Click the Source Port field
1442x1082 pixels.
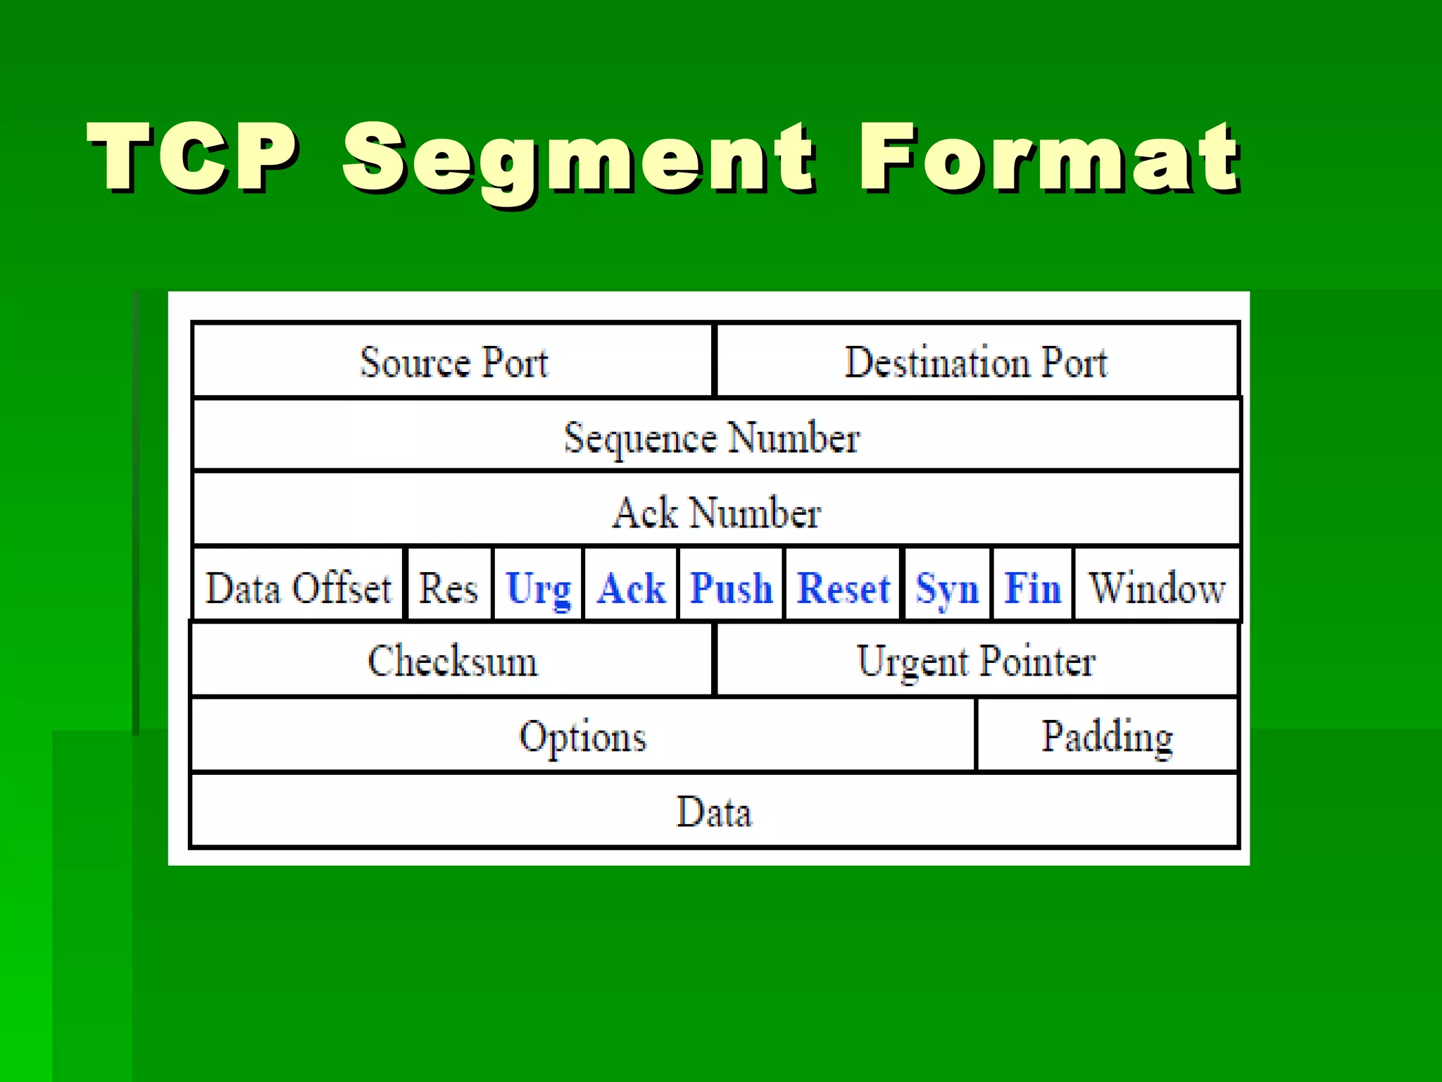click(x=453, y=362)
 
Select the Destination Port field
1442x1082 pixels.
click(x=976, y=362)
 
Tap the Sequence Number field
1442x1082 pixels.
click(x=712, y=437)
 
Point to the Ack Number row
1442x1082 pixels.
click(x=716, y=511)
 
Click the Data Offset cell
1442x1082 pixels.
click(x=299, y=587)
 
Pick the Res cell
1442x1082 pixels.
click(x=449, y=587)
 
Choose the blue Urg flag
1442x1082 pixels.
click(x=539, y=587)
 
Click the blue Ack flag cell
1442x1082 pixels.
click(x=631, y=587)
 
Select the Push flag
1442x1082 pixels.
click(x=731, y=587)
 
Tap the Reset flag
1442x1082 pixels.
click(x=843, y=587)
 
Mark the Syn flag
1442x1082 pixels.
click(x=947, y=587)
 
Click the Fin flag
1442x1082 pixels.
click(x=1032, y=587)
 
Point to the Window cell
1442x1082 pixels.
click(x=1157, y=587)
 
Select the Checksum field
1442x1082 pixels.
click(x=452, y=661)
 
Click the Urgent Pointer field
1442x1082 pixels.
click(x=976, y=661)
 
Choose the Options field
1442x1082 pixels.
click(x=583, y=736)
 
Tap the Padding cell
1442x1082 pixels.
click(x=1107, y=736)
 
